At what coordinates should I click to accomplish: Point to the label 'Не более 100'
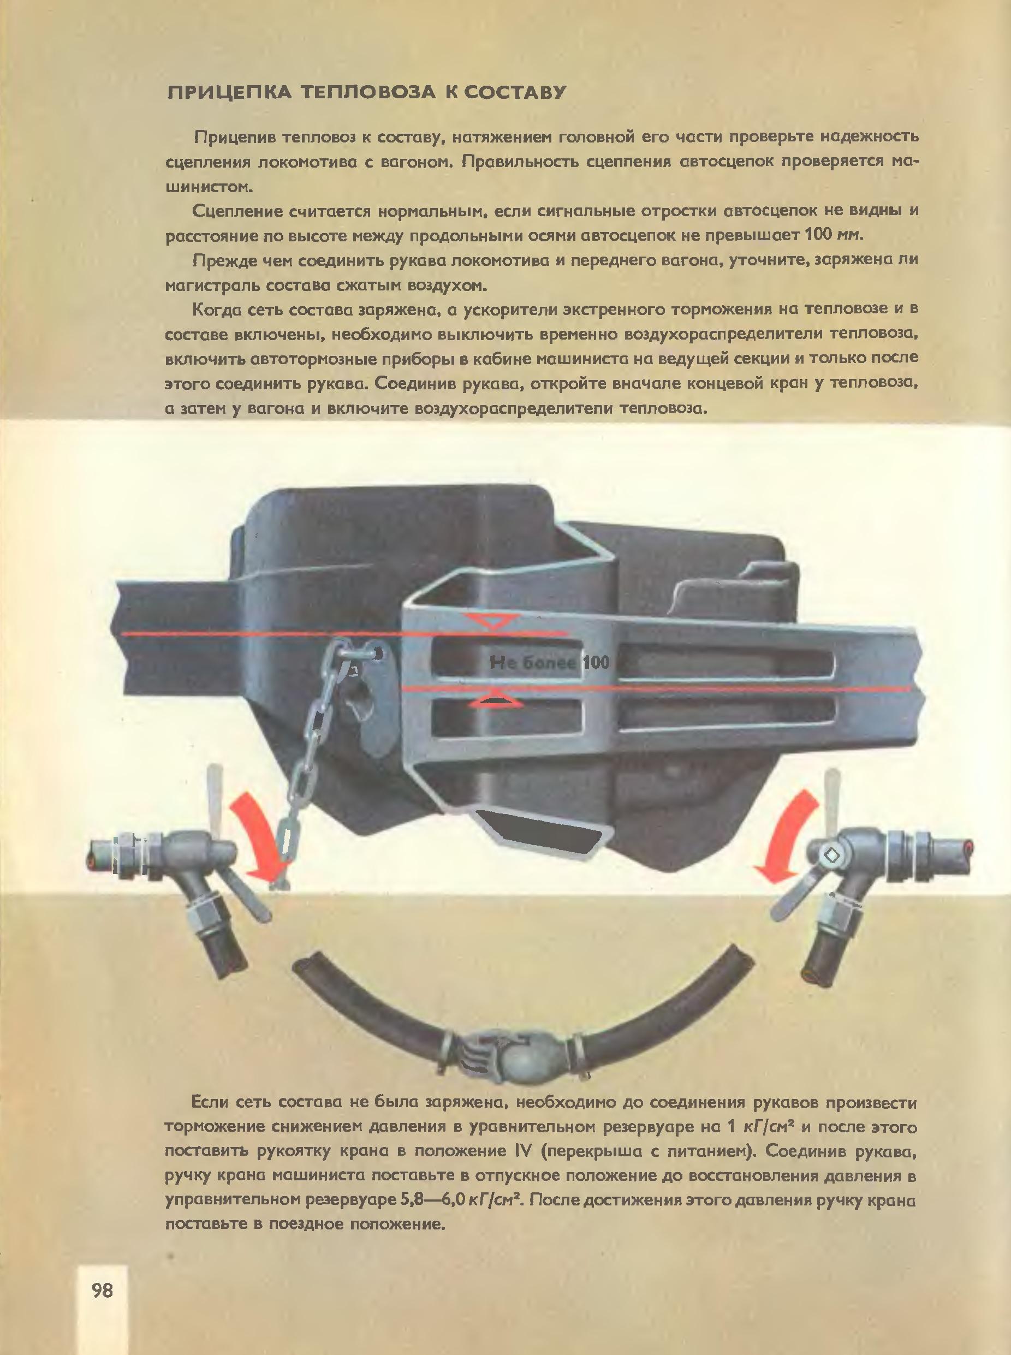(x=549, y=662)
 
